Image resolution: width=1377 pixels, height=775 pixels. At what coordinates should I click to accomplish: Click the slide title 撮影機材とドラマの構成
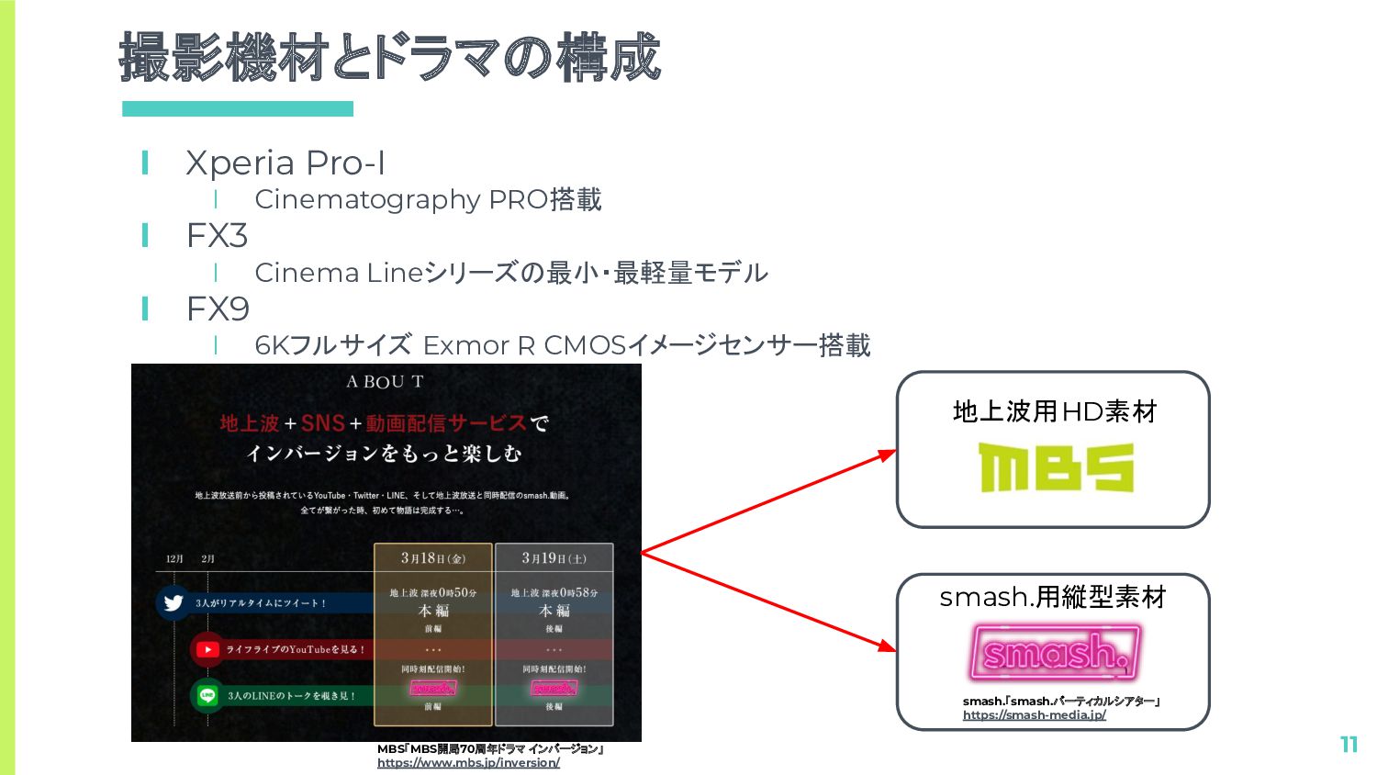tap(389, 57)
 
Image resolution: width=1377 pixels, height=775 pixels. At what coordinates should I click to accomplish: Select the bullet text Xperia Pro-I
tap(285, 163)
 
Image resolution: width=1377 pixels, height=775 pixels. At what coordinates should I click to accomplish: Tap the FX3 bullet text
tap(217, 236)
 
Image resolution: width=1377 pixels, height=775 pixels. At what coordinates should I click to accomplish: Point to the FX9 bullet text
tap(218, 309)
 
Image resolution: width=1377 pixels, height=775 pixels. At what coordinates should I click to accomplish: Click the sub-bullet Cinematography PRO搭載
tap(428, 199)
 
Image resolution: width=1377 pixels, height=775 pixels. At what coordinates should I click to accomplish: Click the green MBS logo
tap(1056, 467)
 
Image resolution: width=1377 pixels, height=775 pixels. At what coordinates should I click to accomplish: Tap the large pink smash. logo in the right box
tap(1055, 652)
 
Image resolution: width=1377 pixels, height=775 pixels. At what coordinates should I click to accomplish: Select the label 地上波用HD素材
tap(1055, 411)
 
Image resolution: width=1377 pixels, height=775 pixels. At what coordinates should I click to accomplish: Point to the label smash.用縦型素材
tap(1053, 598)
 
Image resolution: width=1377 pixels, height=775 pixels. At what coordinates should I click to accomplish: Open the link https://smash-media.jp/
tap(1034, 715)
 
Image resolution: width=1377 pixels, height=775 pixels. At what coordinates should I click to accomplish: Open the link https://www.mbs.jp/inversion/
tap(468, 763)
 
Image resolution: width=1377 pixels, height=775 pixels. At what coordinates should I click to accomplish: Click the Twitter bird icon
tap(174, 602)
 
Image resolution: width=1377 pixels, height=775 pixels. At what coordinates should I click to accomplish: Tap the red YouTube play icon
tap(207, 649)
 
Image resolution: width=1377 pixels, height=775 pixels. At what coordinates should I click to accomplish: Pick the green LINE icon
tap(207, 695)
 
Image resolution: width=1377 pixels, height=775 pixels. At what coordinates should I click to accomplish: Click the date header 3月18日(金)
tap(433, 557)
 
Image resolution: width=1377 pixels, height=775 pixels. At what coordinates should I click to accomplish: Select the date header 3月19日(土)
tap(554, 557)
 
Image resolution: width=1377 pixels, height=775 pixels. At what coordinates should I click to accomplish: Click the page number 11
tap(1349, 745)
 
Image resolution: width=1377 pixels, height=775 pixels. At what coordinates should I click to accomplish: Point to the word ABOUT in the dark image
tap(385, 382)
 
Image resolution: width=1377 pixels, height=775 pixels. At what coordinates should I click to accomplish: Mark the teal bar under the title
tap(238, 108)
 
